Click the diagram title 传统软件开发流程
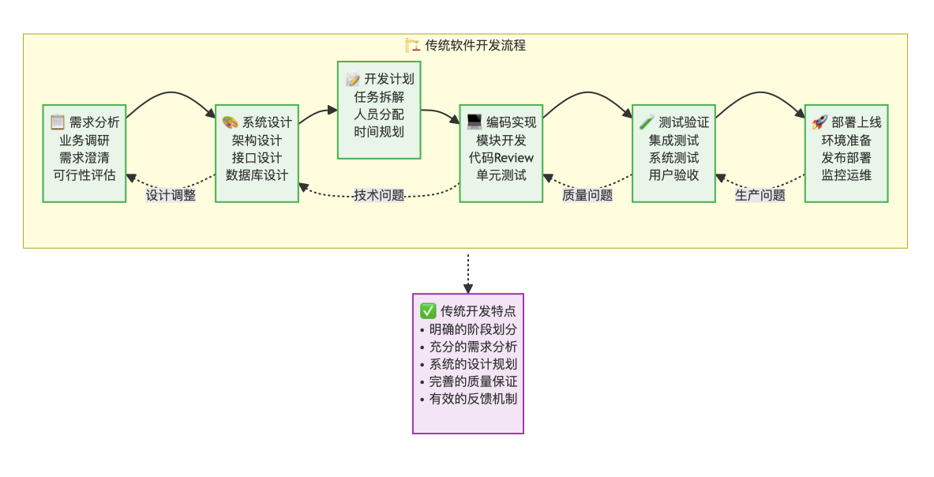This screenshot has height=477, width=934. pos(475,45)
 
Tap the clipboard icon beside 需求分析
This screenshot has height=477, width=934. pos(57,122)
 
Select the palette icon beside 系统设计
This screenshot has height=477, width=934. pos(230,122)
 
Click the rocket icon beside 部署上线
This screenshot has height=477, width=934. pos(819,122)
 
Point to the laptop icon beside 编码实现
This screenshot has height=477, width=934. pos(474,122)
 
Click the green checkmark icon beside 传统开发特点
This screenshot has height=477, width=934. pos(428,310)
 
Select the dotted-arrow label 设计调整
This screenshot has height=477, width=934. pos(171,195)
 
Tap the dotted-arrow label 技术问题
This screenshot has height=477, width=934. pos(379,195)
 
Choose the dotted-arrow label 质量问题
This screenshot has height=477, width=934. pos(587,195)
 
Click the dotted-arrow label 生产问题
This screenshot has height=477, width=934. pos(760,195)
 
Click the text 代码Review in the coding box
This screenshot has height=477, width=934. pos(501,157)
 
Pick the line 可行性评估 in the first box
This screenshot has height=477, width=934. pos(84,175)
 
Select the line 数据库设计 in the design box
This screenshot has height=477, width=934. pos(257,175)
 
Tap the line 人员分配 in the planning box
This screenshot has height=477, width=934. pos(379,114)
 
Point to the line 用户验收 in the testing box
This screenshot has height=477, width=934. pos(673,175)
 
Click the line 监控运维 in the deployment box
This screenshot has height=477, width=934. pos(846,175)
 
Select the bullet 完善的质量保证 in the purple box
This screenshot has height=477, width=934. pos(473,381)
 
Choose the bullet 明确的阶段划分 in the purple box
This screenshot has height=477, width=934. pos(473,329)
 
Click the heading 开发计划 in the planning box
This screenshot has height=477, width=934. pos(388,79)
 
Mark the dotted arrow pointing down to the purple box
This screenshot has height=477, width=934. pos(468,273)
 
